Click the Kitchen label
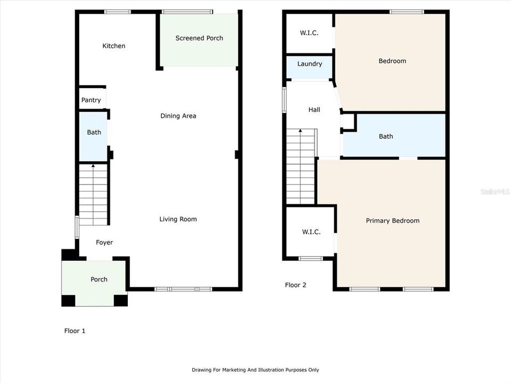click(114, 46)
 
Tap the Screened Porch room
click(199, 40)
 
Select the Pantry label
click(91, 100)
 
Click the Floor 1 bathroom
click(94, 136)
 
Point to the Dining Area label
click(178, 116)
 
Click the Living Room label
click(178, 219)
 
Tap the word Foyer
click(104, 243)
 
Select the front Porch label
click(99, 279)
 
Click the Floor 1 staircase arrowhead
click(93, 166)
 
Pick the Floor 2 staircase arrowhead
click(300, 131)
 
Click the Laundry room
click(309, 68)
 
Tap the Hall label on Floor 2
click(314, 110)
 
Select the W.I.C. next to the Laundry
click(309, 33)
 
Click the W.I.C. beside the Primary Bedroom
click(311, 232)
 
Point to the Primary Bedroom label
click(393, 221)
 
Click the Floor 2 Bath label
click(386, 137)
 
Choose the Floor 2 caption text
click(295, 285)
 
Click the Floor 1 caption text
click(75, 331)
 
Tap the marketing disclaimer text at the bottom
click(255, 370)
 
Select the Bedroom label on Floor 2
click(392, 61)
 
